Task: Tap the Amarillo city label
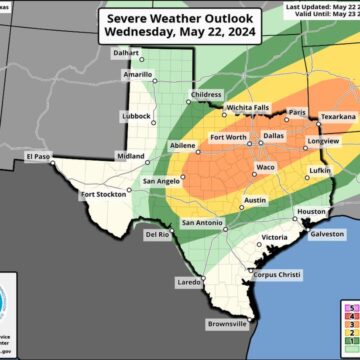tap(136, 74)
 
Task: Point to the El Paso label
tap(38, 155)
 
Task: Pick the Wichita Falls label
tap(245, 105)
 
